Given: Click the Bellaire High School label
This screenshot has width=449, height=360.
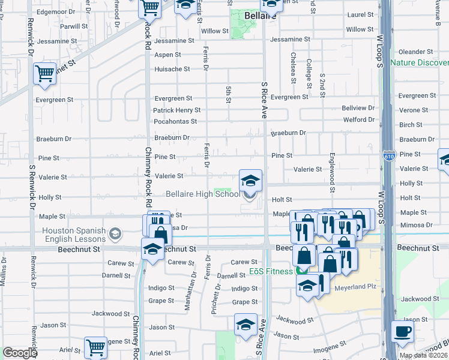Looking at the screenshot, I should (x=202, y=194).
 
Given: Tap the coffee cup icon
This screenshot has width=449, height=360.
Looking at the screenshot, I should (x=402, y=331).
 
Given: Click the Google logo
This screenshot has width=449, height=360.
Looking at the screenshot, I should (x=20, y=353).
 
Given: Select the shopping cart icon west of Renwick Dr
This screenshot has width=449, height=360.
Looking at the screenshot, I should (x=44, y=74).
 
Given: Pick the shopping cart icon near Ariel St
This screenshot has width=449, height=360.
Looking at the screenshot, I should (x=95, y=347).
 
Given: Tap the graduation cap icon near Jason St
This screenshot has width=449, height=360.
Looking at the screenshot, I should (x=245, y=325).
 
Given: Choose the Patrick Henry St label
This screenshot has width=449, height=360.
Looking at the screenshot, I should (x=176, y=110).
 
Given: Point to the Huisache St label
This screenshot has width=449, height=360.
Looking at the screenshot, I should (x=172, y=69).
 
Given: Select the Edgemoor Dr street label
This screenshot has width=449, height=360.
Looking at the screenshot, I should (x=55, y=12).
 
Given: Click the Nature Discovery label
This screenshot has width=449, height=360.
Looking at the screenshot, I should (x=420, y=62).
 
